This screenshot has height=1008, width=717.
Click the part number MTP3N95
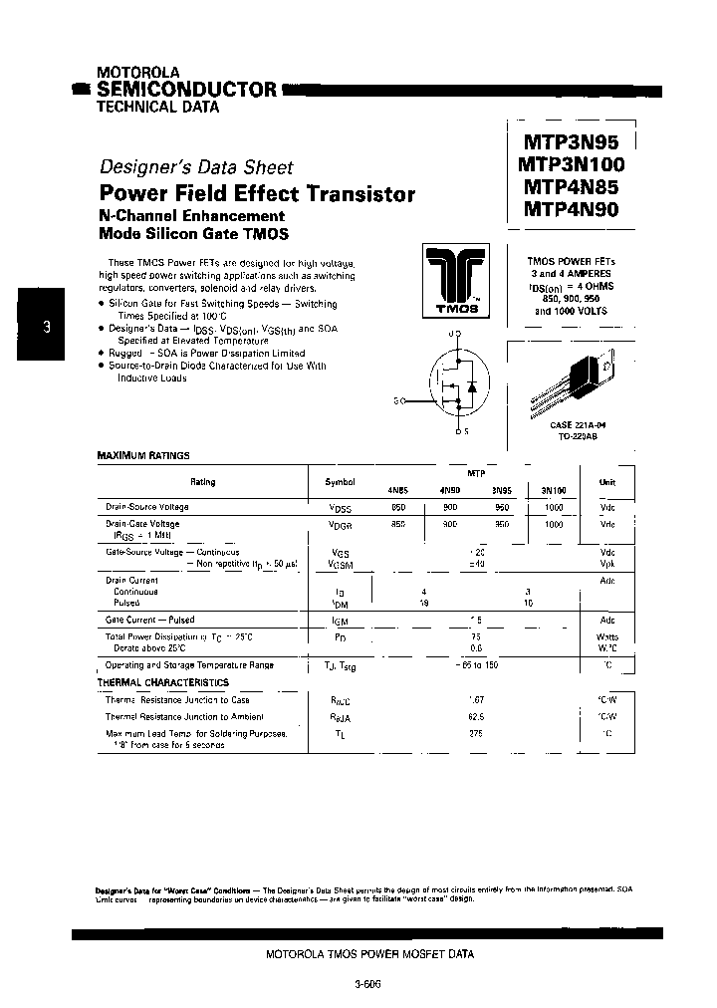(569, 143)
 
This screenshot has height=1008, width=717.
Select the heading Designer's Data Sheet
(196, 168)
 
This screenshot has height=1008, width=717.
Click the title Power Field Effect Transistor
(257, 194)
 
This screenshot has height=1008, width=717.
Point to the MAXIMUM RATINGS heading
(143, 455)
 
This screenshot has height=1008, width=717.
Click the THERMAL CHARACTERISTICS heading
(162, 682)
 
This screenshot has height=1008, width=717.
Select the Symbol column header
(340, 482)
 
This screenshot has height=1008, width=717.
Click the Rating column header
(202, 482)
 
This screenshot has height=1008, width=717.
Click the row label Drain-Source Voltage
(147, 507)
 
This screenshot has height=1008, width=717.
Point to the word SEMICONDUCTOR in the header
(185, 90)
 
